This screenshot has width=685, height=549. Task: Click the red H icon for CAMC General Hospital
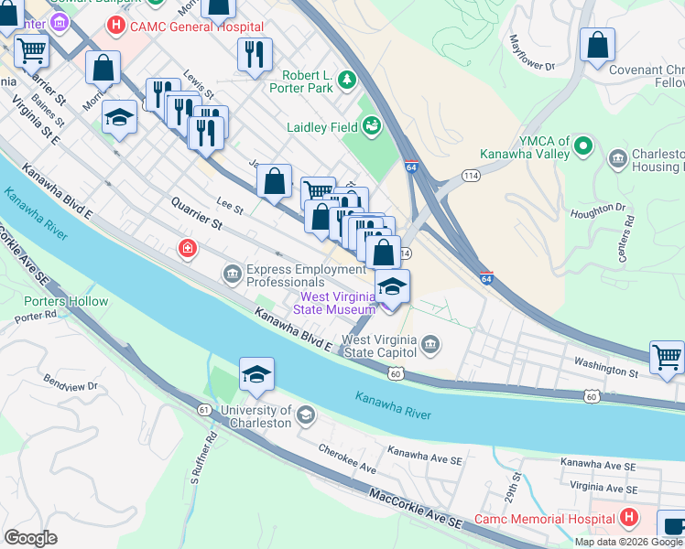click(x=116, y=26)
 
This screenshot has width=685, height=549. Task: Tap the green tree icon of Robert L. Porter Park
click(x=347, y=81)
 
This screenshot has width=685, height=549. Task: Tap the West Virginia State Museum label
click(x=333, y=303)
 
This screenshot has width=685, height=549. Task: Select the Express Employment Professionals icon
click(x=231, y=274)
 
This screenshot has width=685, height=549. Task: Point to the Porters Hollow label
click(x=66, y=301)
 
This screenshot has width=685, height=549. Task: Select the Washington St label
click(x=606, y=372)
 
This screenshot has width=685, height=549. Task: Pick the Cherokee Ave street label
click(x=347, y=459)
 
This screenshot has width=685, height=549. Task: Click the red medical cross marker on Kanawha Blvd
click(x=188, y=248)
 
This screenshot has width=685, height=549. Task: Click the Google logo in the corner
click(x=30, y=538)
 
